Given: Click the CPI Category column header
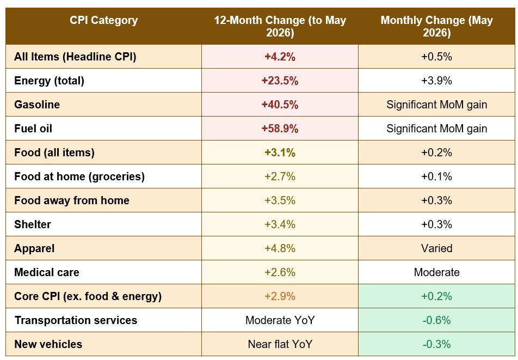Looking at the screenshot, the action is click(x=103, y=20).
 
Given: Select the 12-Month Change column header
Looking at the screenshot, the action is click(x=280, y=26).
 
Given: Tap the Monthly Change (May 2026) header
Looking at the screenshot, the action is click(x=436, y=26).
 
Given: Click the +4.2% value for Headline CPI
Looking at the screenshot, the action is click(x=280, y=57).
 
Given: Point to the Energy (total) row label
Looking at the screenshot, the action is click(x=49, y=81).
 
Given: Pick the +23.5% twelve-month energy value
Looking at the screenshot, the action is click(x=280, y=81).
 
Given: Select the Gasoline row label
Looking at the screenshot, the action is click(x=37, y=105).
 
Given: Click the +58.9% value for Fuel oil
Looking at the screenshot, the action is click(x=280, y=129).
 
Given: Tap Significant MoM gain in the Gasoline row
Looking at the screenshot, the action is click(x=436, y=105).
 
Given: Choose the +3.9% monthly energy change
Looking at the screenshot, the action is click(x=436, y=81).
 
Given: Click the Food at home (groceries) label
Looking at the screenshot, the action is click(x=79, y=176).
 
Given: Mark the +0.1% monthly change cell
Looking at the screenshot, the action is click(x=436, y=176).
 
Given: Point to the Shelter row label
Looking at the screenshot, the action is click(x=33, y=224).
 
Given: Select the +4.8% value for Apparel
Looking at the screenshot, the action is click(x=280, y=248).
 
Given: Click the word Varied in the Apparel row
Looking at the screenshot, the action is click(x=436, y=248).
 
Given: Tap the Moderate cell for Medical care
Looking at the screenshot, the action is click(x=436, y=272).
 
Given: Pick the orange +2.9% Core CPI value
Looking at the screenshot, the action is click(x=280, y=296).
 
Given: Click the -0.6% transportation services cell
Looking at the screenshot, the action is click(x=436, y=320).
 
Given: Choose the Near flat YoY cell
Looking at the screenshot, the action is click(x=280, y=344).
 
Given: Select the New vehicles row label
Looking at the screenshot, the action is click(x=48, y=344).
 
